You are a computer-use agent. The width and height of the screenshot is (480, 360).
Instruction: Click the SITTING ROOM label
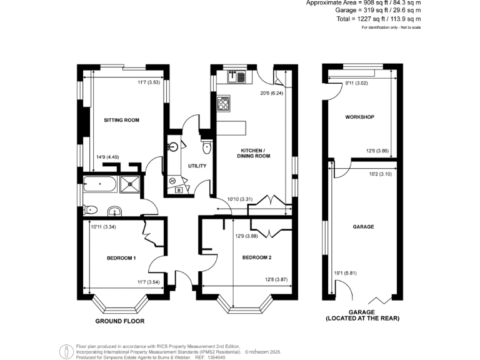[122, 120]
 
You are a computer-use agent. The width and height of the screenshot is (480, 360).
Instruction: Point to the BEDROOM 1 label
[121, 258]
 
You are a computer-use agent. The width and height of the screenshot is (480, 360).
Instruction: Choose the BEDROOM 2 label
[256, 257]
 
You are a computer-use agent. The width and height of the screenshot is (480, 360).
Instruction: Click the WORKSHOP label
[359, 117]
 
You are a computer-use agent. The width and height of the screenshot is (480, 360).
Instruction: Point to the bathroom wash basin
[116, 210]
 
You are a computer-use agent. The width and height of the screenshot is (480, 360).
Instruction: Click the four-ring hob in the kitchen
[223, 102]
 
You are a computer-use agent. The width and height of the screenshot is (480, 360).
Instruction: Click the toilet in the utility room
[207, 147]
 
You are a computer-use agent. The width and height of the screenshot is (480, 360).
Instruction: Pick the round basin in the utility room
[173, 148]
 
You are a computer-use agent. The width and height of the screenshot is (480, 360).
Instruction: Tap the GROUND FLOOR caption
[119, 321]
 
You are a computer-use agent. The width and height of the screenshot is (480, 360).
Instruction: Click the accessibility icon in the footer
[66, 351]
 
